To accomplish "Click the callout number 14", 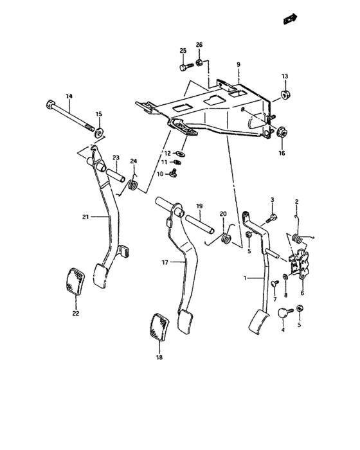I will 69,96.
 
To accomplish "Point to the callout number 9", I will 238,65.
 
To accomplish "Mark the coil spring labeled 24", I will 134,185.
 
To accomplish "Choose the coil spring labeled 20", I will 226,239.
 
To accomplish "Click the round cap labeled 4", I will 283,312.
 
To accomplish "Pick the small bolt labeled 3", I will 273,218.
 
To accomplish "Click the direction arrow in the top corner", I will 291,20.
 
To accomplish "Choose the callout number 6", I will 302,292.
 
